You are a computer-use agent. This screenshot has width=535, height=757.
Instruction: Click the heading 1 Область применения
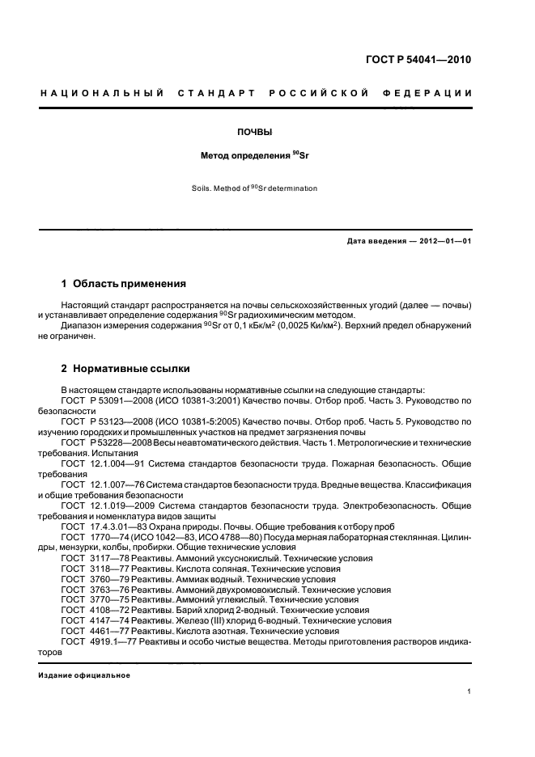(x=124, y=284)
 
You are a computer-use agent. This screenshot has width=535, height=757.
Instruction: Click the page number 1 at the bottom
(x=469, y=691)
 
